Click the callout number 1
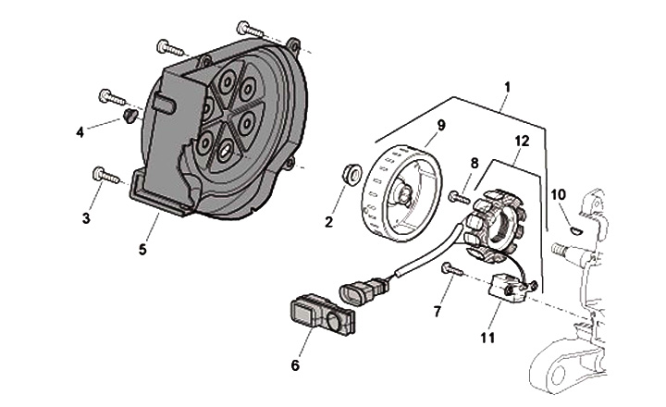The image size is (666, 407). click(507, 87)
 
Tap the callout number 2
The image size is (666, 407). click(328, 222)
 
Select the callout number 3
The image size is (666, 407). click(86, 219)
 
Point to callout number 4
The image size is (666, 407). click(80, 132)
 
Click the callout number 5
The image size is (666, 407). click(142, 250)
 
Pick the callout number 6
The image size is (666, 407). click(295, 365)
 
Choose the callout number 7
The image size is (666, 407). click(438, 312)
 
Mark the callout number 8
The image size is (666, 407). click(475, 163)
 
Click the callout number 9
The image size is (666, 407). click(441, 126)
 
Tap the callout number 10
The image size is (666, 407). click(559, 195)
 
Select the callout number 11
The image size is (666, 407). click(487, 338)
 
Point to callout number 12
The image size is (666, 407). click(523, 142)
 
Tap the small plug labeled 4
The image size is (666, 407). click(129, 115)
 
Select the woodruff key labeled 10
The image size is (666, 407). click(576, 230)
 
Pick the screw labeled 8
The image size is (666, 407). click(459, 197)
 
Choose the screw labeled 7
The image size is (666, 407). click(451, 269)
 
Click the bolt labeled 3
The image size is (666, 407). click(106, 176)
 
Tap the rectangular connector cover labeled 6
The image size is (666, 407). click(322, 315)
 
